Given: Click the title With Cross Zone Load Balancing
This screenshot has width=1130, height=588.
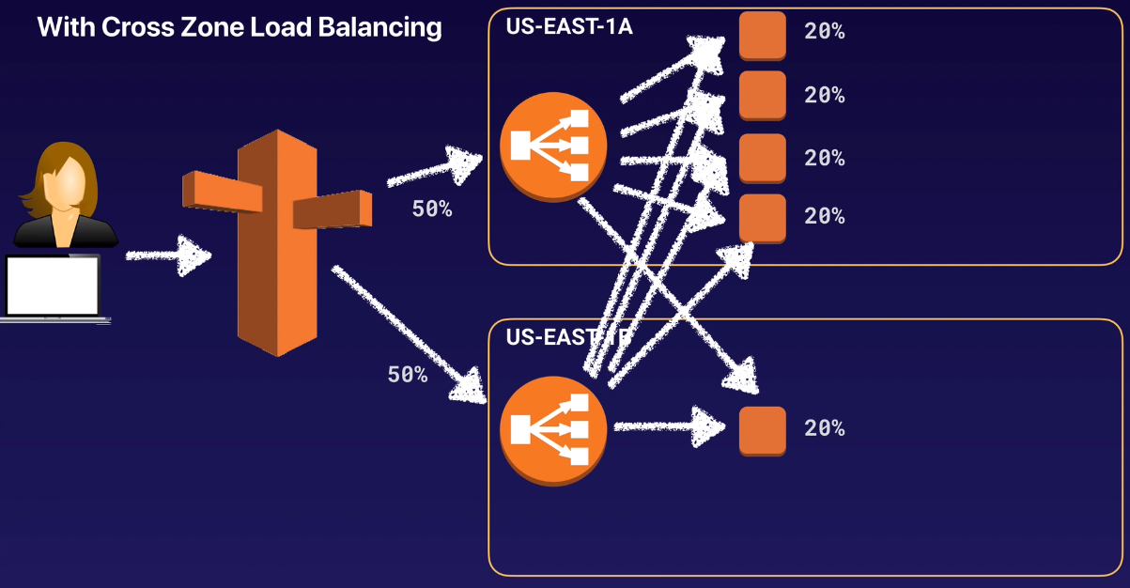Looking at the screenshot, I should [239, 27].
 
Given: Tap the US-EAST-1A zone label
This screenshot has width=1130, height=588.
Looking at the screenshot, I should [569, 25].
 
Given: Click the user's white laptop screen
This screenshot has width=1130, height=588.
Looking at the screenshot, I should [53, 285].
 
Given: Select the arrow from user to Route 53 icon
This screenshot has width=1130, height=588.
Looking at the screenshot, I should [168, 255].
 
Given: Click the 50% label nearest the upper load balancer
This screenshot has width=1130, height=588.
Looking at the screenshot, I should [432, 209].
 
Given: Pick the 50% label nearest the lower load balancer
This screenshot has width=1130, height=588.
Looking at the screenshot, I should [408, 375].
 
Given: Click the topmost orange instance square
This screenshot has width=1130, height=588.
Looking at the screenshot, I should [762, 36].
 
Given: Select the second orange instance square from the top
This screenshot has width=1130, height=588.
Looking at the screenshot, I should [762, 95].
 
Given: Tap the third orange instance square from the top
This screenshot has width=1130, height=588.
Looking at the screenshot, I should [762, 158].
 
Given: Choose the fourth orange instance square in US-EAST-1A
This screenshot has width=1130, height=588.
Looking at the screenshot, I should [762, 218].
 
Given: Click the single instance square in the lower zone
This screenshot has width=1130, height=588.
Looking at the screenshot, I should [762, 430].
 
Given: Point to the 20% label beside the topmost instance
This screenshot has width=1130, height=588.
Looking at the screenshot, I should [824, 32].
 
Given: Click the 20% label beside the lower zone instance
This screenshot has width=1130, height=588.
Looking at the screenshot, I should [824, 428].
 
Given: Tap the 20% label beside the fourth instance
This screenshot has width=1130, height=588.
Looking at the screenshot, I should [824, 216].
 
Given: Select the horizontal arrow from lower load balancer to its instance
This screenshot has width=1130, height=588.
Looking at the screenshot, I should [669, 427].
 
